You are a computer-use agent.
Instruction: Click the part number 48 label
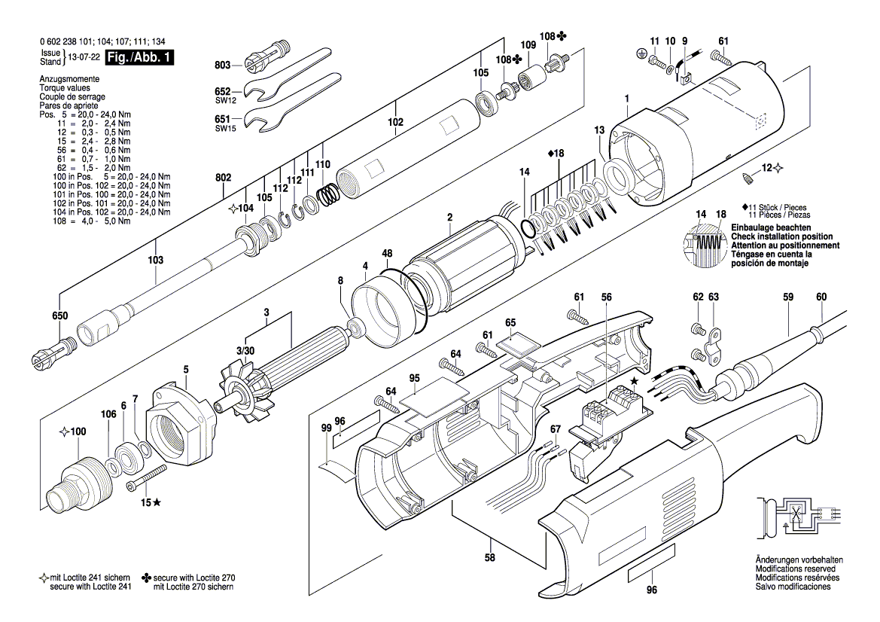pyautogui.click(x=387, y=254)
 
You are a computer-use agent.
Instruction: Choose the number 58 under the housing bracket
pyautogui.click(x=490, y=558)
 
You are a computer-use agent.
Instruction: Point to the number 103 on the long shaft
pyautogui.click(x=156, y=260)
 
